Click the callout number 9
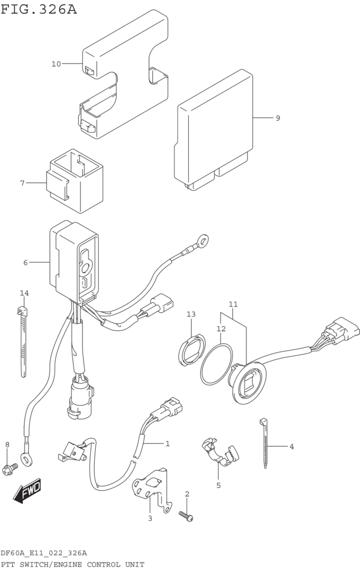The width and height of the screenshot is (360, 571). coord(278,118)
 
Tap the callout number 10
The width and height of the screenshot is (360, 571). coord(56,64)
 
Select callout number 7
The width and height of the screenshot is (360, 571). coord(22,183)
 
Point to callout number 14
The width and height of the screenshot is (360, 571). coord(25,293)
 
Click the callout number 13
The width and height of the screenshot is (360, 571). coord(191,314)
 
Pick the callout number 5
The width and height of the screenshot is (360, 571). coord(218,486)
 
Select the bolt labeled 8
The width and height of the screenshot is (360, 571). coord(10,468)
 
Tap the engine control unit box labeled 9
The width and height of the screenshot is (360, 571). coord(214,130)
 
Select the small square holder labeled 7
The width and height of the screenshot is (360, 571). coord(75,181)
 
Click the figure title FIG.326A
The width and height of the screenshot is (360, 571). coord(38,9)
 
